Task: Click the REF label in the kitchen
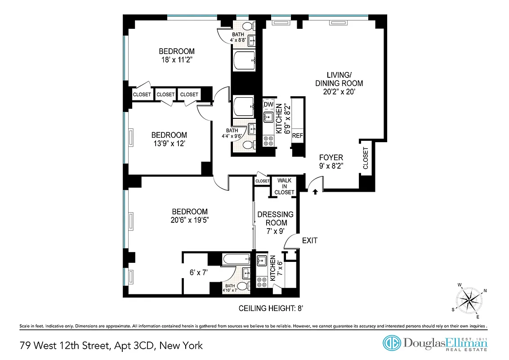[297, 135]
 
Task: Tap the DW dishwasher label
[268, 105]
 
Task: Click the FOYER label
[331, 157]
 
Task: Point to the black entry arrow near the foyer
[315, 191]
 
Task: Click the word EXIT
[310, 241]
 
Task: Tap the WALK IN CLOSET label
[285, 186]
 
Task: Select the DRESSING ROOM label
[275, 218]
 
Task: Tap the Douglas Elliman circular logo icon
[391, 343]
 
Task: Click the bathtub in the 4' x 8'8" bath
[244, 60]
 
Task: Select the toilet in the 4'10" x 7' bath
[242, 286]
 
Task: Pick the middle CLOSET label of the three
[165, 94]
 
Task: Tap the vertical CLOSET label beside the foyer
[365, 159]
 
